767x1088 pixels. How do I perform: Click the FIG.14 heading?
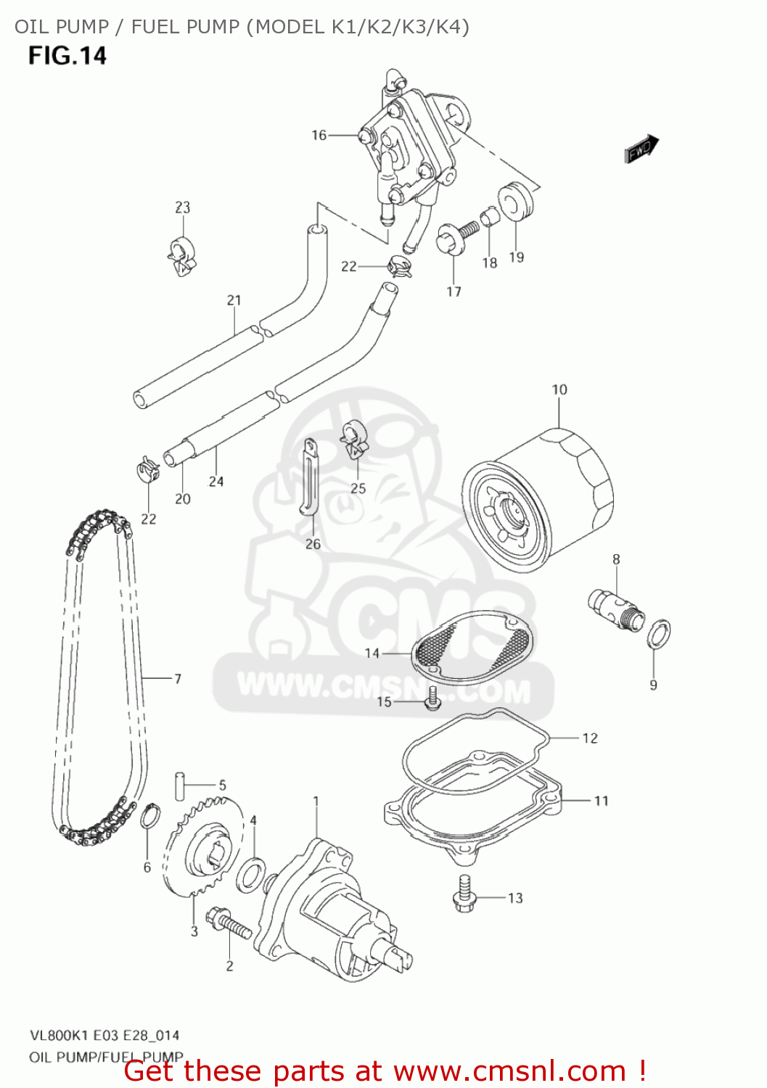[x=67, y=56]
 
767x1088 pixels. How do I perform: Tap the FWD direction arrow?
[x=641, y=149]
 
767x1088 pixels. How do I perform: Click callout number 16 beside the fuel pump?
[x=319, y=135]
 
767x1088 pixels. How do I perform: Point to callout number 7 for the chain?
[x=178, y=679]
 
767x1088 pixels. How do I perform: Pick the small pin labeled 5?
[x=179, y=786]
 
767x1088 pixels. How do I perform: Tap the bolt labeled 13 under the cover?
[x=464, y=894]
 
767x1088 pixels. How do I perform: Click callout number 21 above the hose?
[x=234, y=300]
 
